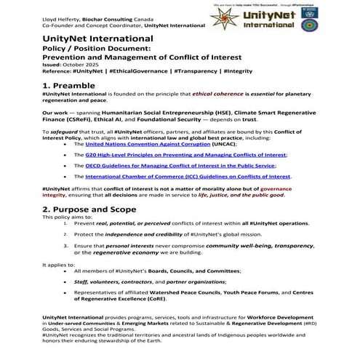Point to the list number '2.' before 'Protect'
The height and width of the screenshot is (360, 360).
pyautogui.click(x=66, y=234)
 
